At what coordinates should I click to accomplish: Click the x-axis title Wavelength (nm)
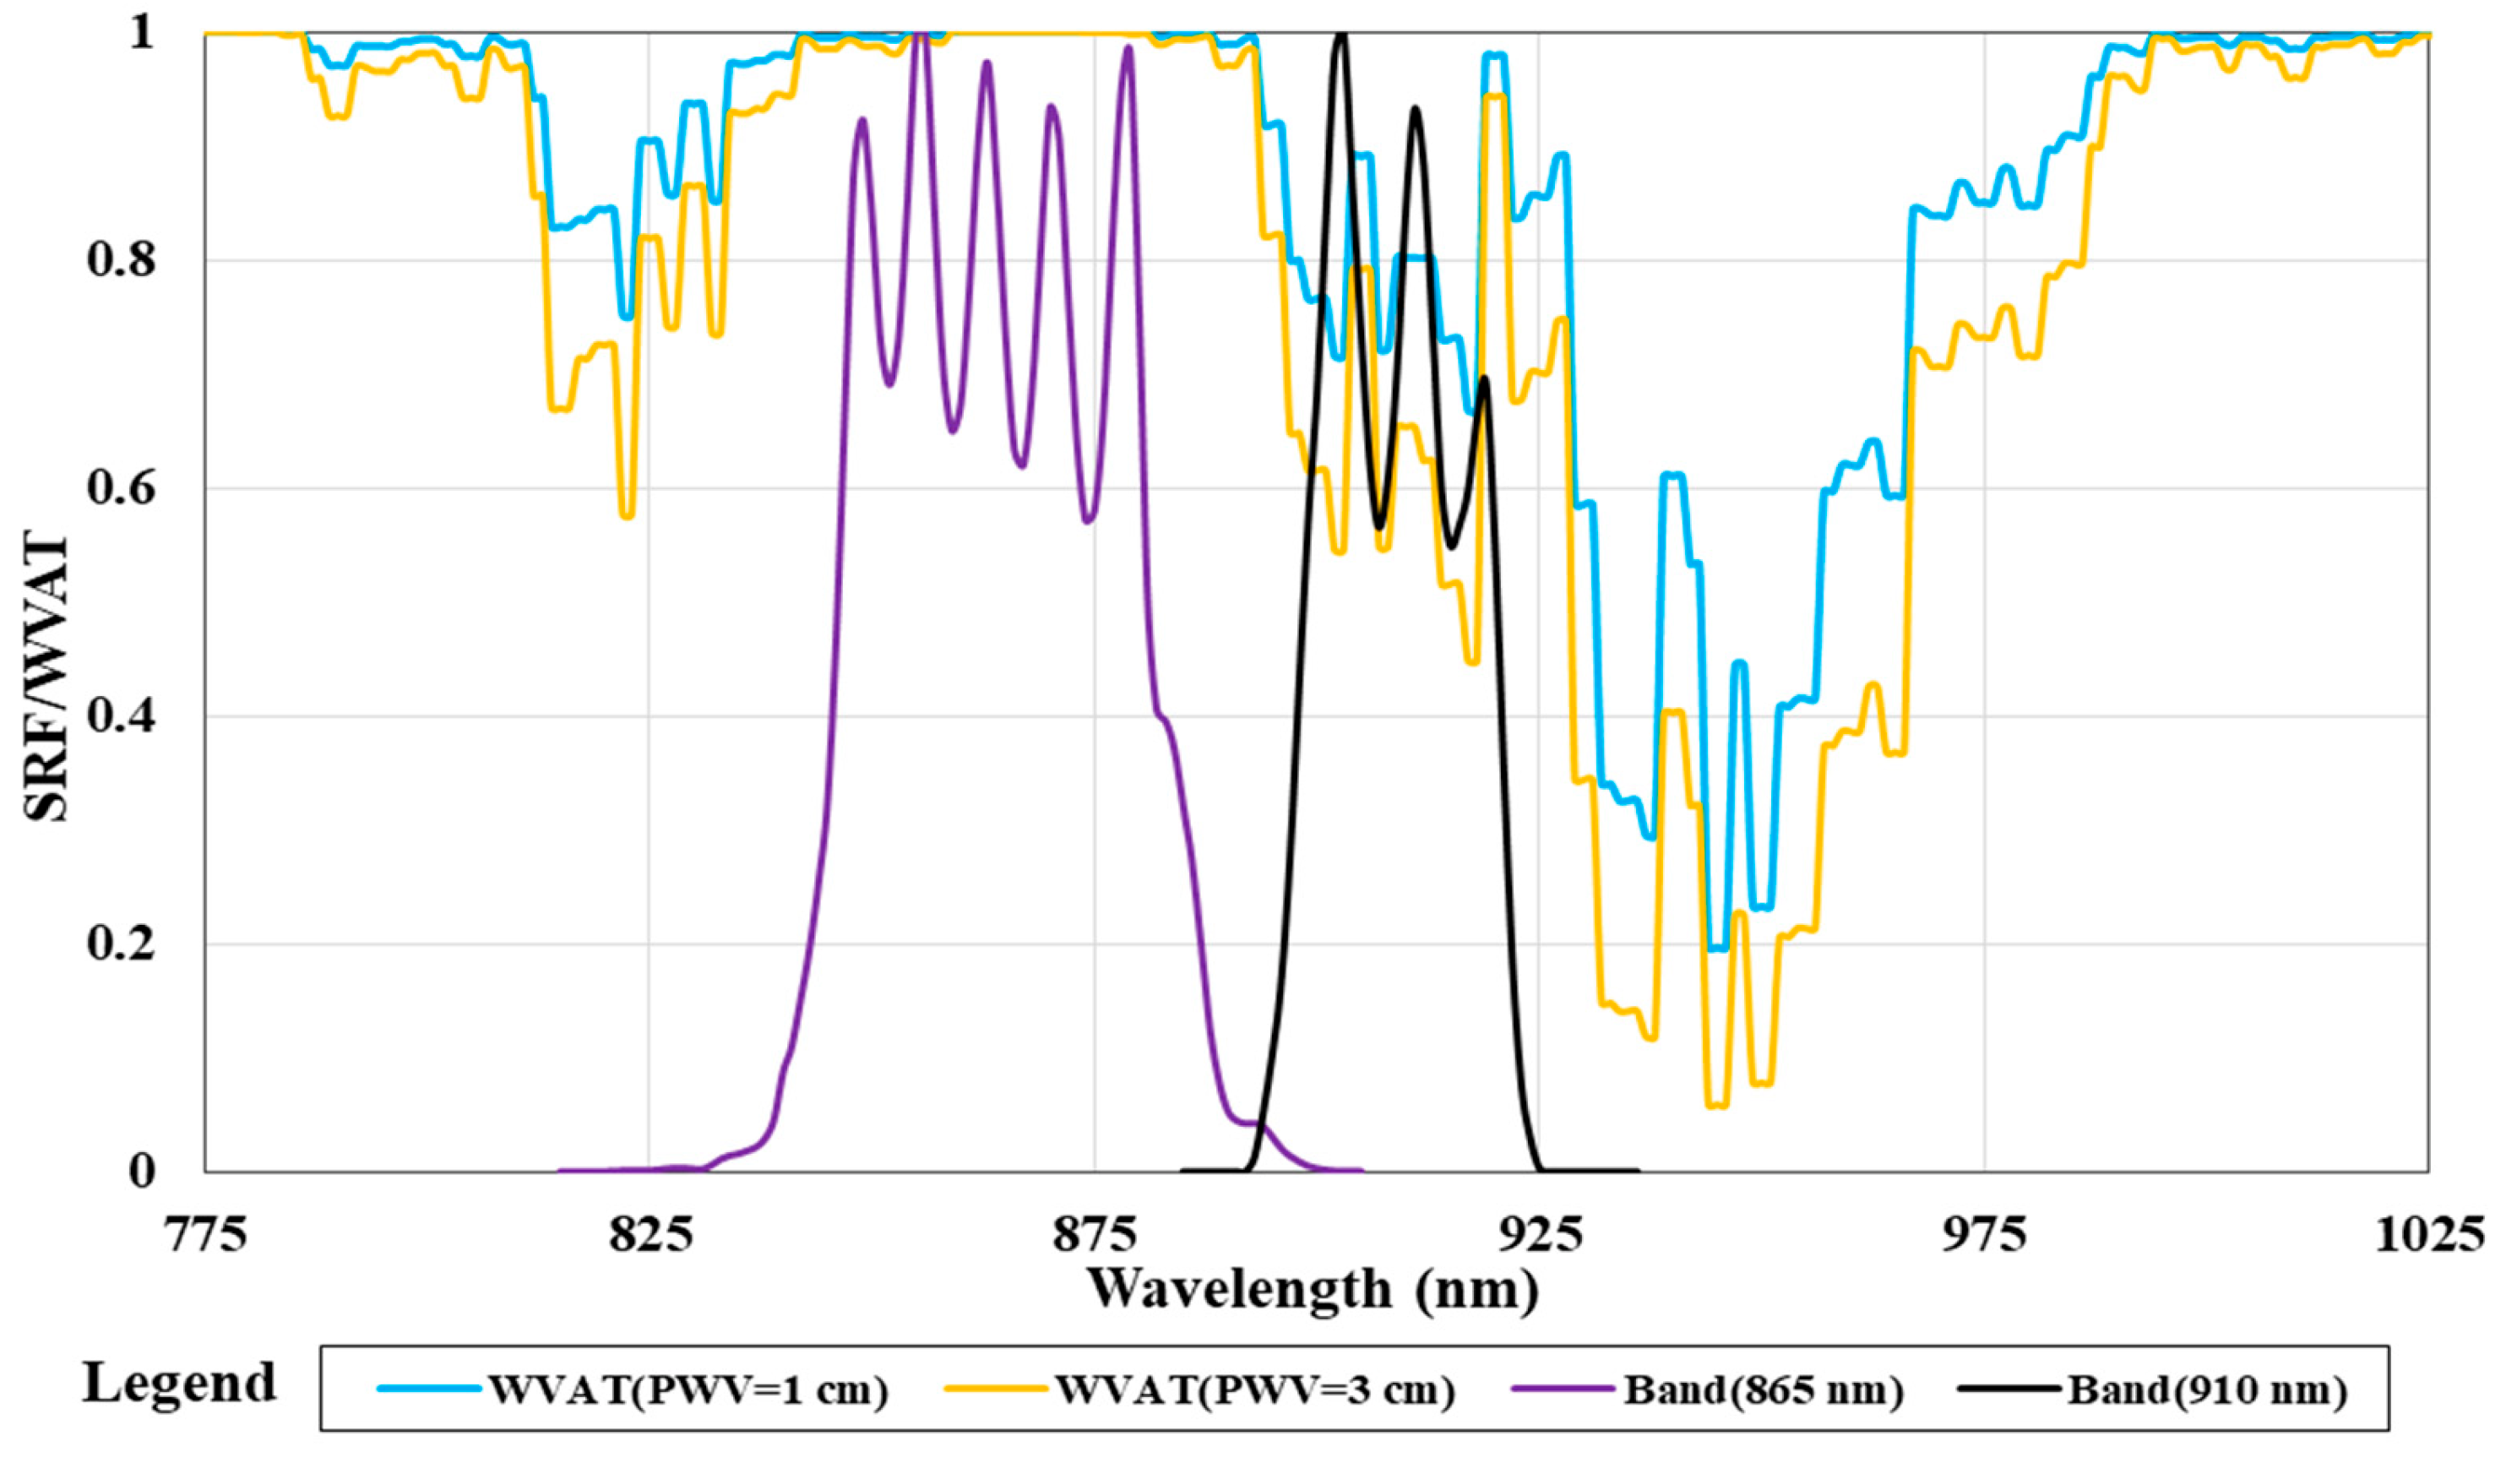(x=1313, y=1290)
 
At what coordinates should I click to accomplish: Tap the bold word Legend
(x=179, y=1384)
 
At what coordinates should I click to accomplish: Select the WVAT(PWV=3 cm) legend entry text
(x=1255, y=1390)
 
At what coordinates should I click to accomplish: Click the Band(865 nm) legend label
(x=1763, y=1390)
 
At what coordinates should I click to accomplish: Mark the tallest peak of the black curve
(x=1340, y=35)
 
